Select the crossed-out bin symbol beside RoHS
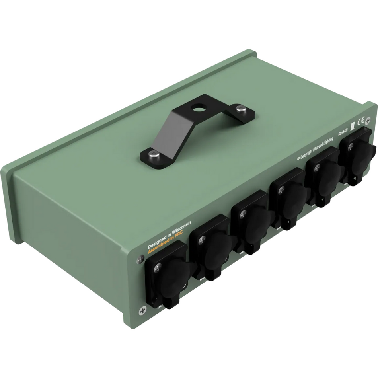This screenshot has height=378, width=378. [352, 127]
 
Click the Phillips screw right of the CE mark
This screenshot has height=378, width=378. [368, 119]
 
